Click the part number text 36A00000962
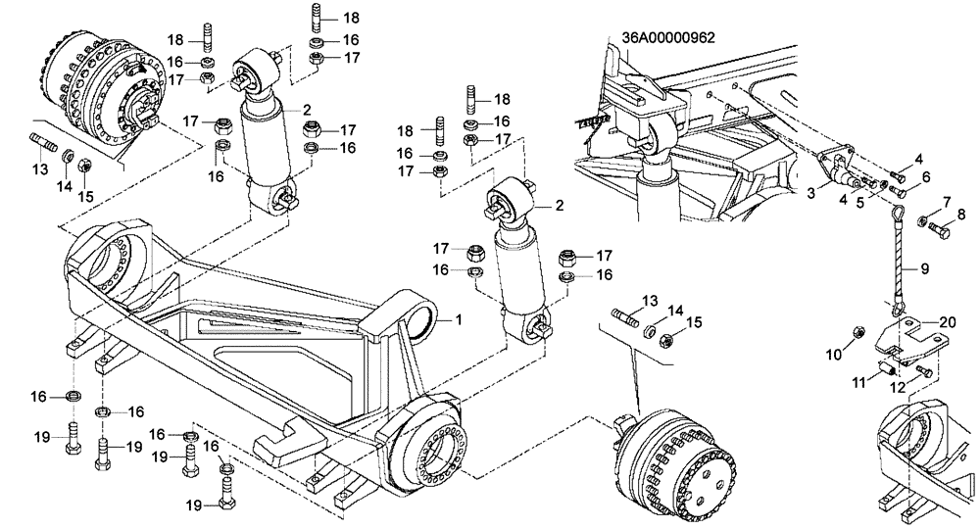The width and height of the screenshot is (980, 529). (668, 39)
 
